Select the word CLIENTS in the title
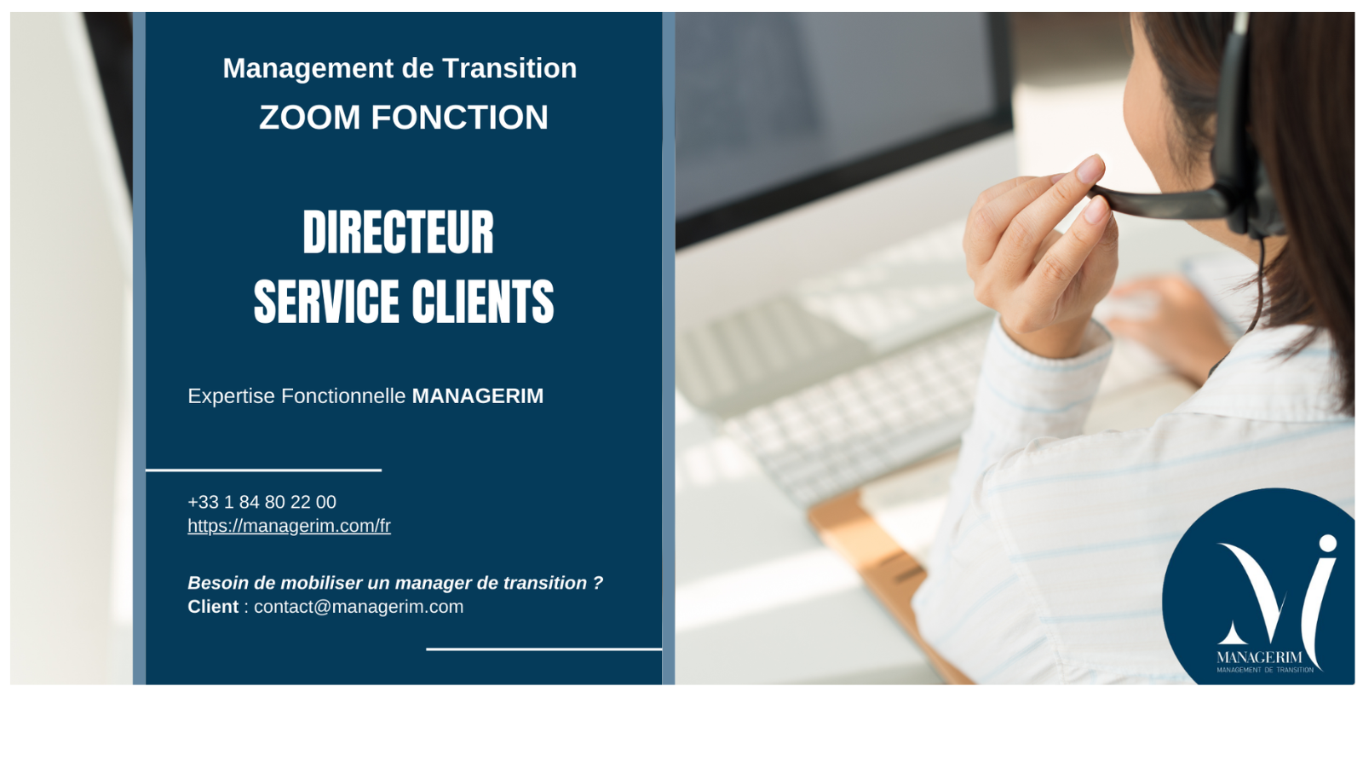(483, 302)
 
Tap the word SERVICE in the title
(326, 302)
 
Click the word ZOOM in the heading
(310, 117)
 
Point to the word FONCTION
(460, 117)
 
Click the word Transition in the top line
(509, 68)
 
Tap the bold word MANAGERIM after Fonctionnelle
(478, 395)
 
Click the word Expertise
(231, 396)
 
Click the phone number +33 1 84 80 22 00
(262, 502)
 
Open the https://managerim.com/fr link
(289, 526)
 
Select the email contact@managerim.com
(359, 607)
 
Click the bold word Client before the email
(213, 607)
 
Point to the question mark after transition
(598, 583)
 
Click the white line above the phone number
(263, 470)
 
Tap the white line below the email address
(544, 649)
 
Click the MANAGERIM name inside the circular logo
(1259, 657)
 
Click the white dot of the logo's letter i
(1328, 543)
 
